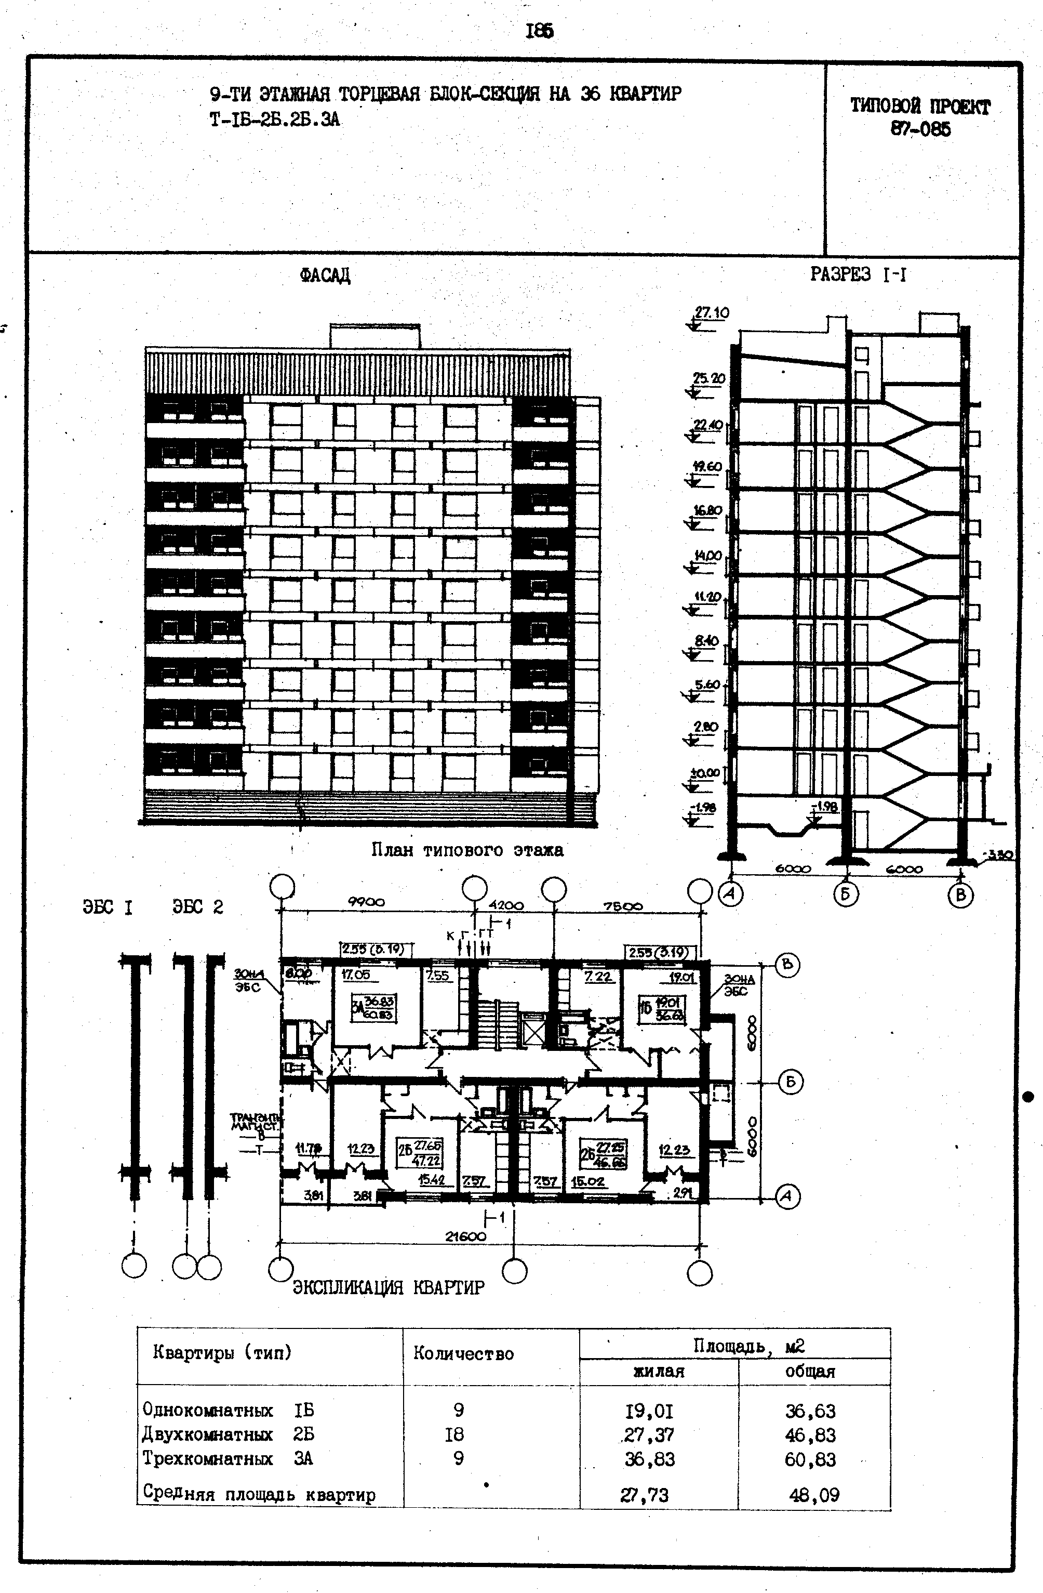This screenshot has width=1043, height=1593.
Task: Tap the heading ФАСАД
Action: pos(325,275)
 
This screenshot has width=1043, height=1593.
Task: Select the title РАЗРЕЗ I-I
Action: pos(859,274)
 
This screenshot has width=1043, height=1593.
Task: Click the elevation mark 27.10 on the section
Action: pos(711,312)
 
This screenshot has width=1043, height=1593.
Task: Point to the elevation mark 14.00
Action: pos(707,556)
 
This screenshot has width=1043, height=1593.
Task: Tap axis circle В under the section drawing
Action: pos(960,895)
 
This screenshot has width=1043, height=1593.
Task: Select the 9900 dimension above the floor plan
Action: pos(366,902)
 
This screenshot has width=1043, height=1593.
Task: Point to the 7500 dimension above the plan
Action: pos(622,906)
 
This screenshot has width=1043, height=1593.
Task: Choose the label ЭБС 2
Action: pos(197,907)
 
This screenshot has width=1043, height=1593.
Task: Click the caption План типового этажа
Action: pos(467,850)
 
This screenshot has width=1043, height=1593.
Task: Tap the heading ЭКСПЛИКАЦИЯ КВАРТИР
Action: pos(388,1287)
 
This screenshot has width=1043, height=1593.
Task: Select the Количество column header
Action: pos(463,1354)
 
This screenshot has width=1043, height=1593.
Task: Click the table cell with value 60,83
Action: pos(810,1459)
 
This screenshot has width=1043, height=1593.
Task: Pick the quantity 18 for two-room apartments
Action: pos(458,1434)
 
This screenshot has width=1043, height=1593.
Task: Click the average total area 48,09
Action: pos(813,1495)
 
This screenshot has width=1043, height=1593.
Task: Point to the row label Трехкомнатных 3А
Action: pos(228,1458)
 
